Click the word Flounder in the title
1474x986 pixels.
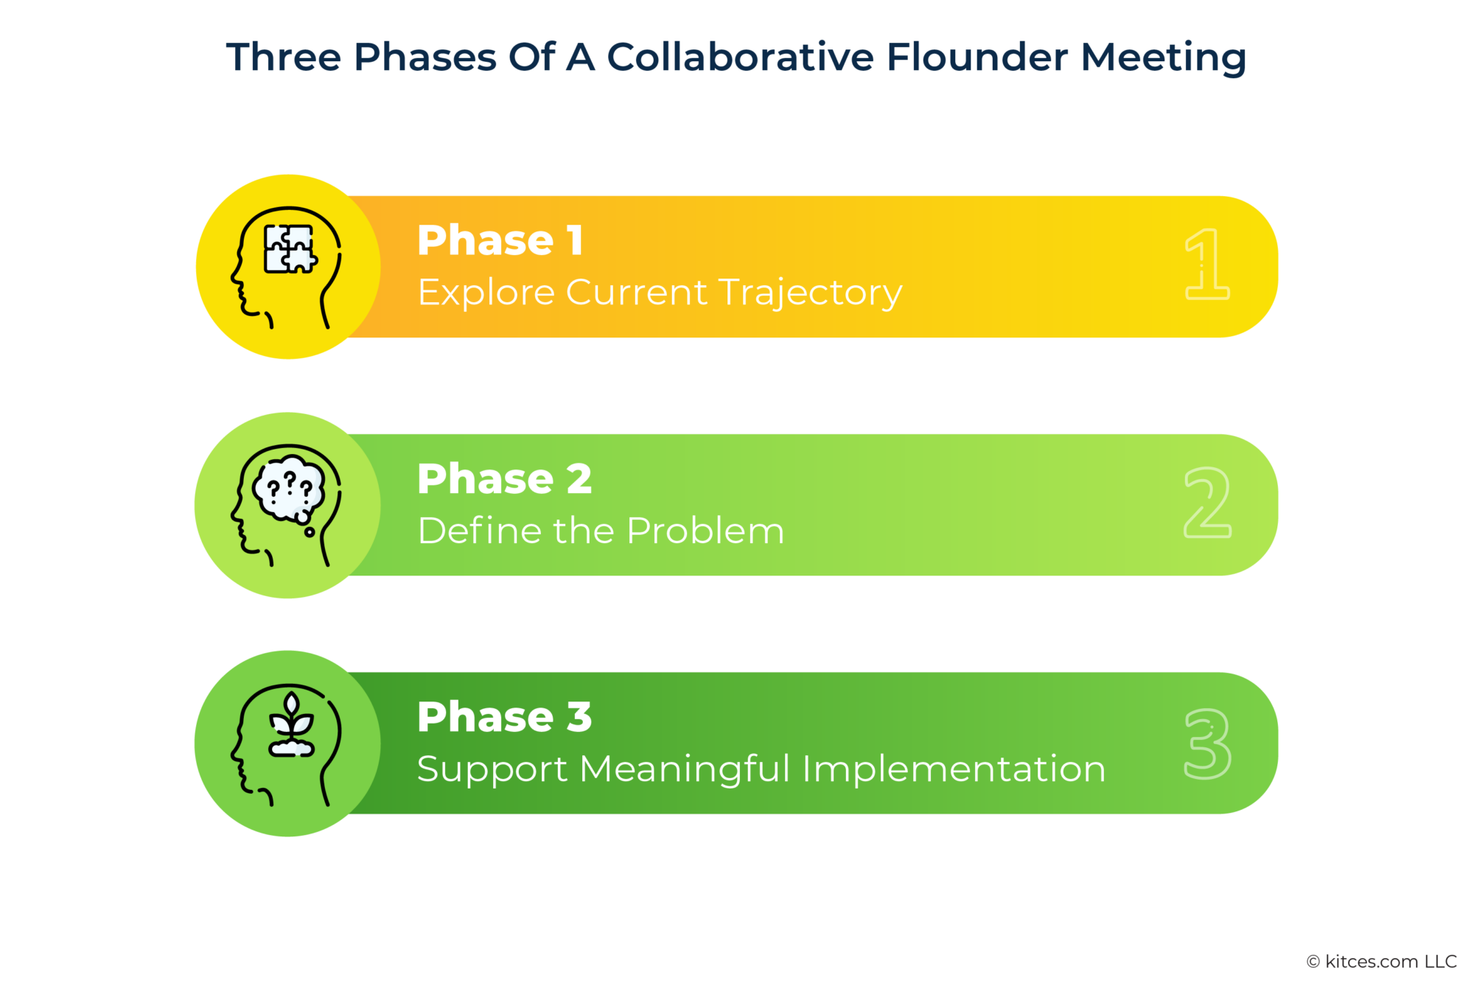(x=977, y=57)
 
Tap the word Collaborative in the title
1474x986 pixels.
(x=739, y=57)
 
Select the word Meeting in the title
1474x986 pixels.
(x=1163, y=57)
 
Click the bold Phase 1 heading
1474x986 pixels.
(x=500, y=240)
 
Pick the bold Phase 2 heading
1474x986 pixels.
(x=504, y=479)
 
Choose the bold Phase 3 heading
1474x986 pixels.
(x=504, y=717)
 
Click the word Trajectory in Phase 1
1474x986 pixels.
(x=811, y=293)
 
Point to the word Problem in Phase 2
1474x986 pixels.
(x=705, y=531)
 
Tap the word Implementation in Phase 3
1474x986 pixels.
(x=954, y=769)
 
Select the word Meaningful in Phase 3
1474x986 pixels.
(x=685, y=769)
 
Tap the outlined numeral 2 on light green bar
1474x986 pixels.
(x=1207, y=503)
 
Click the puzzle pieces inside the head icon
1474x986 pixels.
(x=290, y=248)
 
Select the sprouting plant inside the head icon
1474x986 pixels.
(x=292, y=726)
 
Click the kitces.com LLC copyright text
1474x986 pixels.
(x=1381, y=961)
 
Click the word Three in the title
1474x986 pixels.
(x=284, y=57)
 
